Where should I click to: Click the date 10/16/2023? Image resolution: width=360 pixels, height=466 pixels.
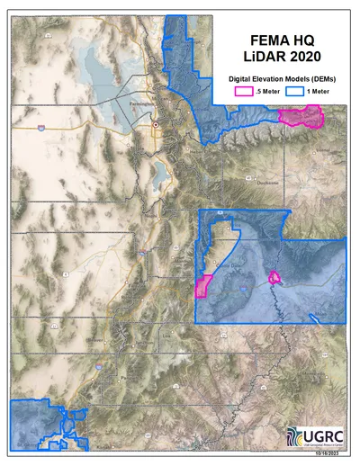click(x=331, y=453)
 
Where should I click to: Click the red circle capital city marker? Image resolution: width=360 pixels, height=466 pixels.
click(x=156, y=125)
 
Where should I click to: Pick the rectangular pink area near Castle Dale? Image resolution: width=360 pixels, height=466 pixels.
click(x=202, y=286)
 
